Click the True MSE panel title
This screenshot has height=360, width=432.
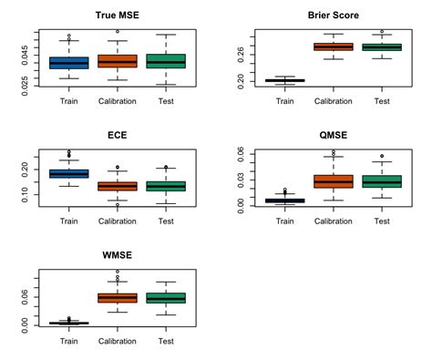[117, 15]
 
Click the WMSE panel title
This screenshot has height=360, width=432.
[117, 254]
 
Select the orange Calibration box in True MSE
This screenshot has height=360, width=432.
[117, 61]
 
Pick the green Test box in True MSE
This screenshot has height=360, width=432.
[166, 61]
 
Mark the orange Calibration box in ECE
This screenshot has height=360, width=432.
[117, 186]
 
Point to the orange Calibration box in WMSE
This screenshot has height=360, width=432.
[117, 298]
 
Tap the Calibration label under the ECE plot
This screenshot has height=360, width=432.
[117, 221]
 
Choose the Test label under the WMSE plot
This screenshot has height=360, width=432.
[166, 342]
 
